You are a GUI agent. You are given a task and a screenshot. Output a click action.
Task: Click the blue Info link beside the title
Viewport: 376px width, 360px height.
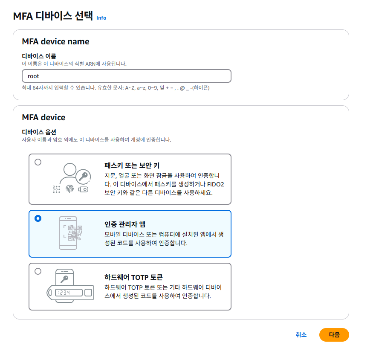pyautogui.click(x=101, y=18)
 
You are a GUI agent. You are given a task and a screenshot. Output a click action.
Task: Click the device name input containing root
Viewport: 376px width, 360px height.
pyautogui.click(x=126, y=76)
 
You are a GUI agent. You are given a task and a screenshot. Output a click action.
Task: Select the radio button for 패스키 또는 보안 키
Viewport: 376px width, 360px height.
pyautogui.click(x=38, y=162)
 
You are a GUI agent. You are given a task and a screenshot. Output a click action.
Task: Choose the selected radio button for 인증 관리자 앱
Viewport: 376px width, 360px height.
pyautogui.click(x=38, y=218)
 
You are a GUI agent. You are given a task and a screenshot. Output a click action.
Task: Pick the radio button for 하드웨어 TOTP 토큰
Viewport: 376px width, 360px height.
pyautogui.click(x=38, y=271)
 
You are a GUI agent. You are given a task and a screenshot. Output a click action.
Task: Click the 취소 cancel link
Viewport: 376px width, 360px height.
pyautogui.click(x=301, y=335)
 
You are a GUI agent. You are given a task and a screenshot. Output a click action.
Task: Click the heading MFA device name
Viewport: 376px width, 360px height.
pyautogui.click(x=55, y=42)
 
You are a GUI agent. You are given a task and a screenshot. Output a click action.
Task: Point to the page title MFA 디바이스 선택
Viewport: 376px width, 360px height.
pyautogui.click(x=53, y=16)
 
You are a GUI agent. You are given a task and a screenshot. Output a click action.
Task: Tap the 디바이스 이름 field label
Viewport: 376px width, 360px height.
pyautogui.click(x=39, y=56)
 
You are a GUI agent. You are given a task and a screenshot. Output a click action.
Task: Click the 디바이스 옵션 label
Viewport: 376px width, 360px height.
pyautogui.click(x=39, y=132)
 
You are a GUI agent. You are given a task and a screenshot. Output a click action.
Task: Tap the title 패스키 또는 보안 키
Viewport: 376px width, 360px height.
pyautogui.click(x=132, y=165)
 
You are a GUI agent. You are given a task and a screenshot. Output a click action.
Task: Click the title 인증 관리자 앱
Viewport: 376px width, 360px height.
pyautogui.click(x=125, y=224)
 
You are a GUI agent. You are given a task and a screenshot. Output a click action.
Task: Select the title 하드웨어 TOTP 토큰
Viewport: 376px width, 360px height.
pyautogui.click(x=133, y=277)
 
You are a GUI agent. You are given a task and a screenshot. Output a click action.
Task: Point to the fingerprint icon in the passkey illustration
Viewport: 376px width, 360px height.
pyautogui.click(x=69, y=189)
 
